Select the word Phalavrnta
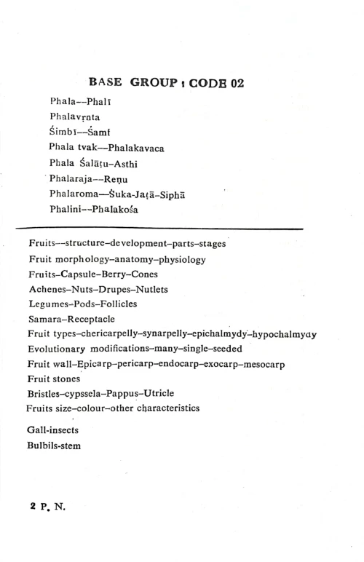click(78, 116)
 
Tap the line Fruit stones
click(55, 379)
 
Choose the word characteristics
click(162, 409)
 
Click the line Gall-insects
click(55, 430)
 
